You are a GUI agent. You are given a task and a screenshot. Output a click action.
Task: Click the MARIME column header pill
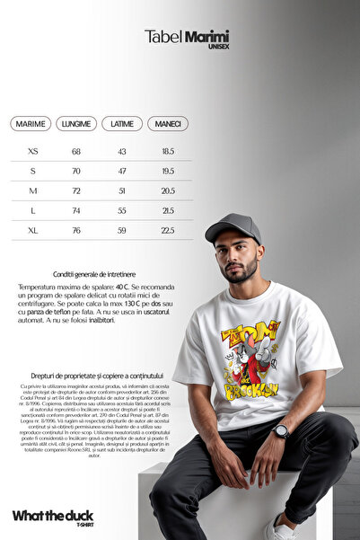click(x=31, y=124)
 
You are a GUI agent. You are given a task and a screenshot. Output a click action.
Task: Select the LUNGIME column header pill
click(x=76, y=124)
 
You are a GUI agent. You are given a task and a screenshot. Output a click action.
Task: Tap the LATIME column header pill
click(x=122, y=124)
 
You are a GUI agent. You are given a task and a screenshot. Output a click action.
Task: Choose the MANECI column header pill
click(x=168, y=124)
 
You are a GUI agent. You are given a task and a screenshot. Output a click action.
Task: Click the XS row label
click(x=33, y=152)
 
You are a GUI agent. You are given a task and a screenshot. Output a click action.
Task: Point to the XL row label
click(x=33, y=230)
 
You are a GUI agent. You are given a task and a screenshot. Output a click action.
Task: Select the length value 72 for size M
click(x=76, y=191)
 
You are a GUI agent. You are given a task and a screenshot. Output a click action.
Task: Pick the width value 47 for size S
click(x=122, y=172)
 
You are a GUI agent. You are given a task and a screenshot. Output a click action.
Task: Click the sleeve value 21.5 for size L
click(x=168, y=211)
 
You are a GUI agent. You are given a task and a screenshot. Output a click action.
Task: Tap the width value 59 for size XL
click(x=122, y=230)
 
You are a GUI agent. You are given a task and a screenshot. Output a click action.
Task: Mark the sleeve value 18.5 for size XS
click(x=168, y=152)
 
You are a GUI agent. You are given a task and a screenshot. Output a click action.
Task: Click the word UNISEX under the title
click(x=217, y=47)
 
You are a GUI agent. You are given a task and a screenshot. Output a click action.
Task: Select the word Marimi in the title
click(x=206, y=36)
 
